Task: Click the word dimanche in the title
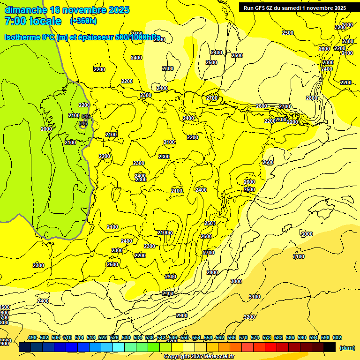25,10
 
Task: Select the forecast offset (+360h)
83,21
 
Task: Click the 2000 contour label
46,129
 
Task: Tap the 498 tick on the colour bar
32,337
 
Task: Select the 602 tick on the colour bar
337,337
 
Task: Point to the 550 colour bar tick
185,337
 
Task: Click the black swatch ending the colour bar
330,347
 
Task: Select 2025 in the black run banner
337,7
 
